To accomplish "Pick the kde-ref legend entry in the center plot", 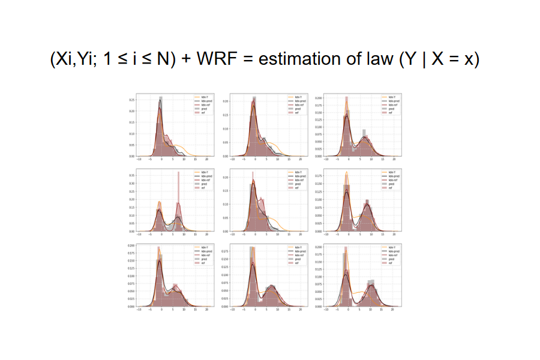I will [x=297, y=180].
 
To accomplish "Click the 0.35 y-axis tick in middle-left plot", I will [x=132, y=176].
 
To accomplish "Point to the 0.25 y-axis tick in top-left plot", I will [x=132, y=100].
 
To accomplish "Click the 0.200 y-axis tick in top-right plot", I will [x=319, y=97].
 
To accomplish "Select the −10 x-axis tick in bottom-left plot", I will [x=140, y=310].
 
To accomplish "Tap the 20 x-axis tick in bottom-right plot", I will [x=394, y=310].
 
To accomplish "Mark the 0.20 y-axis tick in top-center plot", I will [x=226, y=101].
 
